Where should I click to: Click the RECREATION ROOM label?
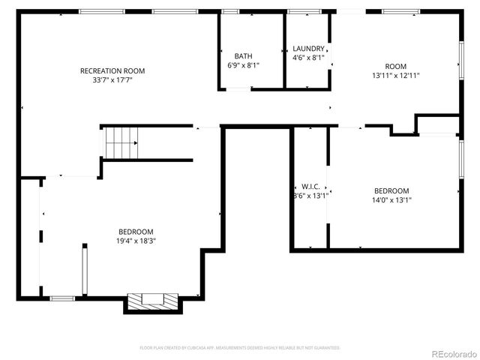pyautogui.click(x=112, y=71)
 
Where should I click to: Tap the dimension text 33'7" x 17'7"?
pyautogui.click(x=112, y=80)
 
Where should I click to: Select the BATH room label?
pyautogui.click(x=243, y=56)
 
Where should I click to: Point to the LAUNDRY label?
pyautogui.click(x=308, y=48)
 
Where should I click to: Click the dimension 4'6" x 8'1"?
pyautogui.click(x=308, y=57)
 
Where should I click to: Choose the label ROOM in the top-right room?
pyautogui.click(x=395, y=66)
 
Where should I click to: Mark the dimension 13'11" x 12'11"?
pyautogui.click(x=395, y=75)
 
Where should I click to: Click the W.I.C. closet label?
pyautogui.click(x=310, y=186)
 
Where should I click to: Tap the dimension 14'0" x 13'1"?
pyautogui.click(x=391, y=200)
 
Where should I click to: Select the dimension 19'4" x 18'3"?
pyautogui.click(x=136, y=241)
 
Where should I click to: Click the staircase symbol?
pyautogui.click(x=121, y=142)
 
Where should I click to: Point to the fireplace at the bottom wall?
pyautogui.click(x=153, y=300)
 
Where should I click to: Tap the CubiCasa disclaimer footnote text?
pyautogui.click(x=240, y=348)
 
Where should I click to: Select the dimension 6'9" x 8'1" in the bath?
pyautogui.click(x=243, y=65)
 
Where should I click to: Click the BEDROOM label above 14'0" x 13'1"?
pyautogui.click(x=391, y=191)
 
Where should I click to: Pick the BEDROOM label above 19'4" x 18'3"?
pyautogui.click(x=136, y=232)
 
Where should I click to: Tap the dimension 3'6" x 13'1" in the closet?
pyautogui.click(x=310, y=196)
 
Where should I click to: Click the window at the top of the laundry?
pyautogui.click(x=304, y=11)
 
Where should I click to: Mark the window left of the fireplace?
pyautogui.click(x=62, y=298)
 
